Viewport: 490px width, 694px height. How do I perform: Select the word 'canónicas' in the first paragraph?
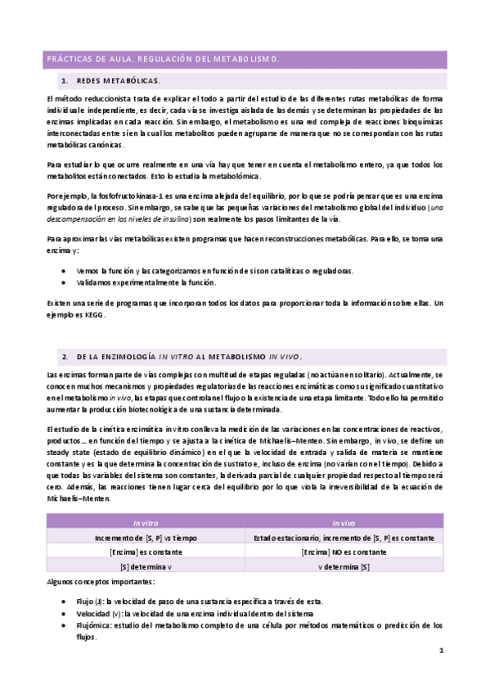(100, 144)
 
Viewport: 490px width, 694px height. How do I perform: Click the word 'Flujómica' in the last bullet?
(93, 624)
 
